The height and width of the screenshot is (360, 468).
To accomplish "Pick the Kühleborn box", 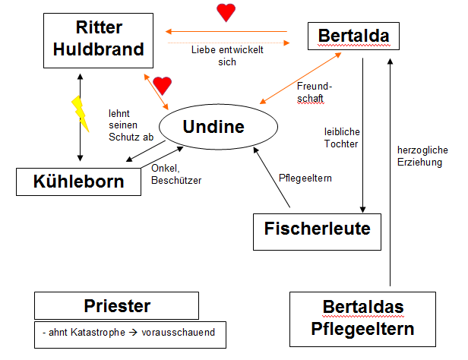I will click(81, 182).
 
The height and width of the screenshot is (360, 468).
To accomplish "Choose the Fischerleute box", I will click(317, 228).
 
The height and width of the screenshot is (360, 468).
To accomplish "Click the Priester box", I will click(116, 306).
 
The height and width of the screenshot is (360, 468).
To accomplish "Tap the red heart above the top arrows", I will click(226, 12).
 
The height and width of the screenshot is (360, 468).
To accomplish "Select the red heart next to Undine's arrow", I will click(163, 85).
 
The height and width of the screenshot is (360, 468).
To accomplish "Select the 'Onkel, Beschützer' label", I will click(175, 175).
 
